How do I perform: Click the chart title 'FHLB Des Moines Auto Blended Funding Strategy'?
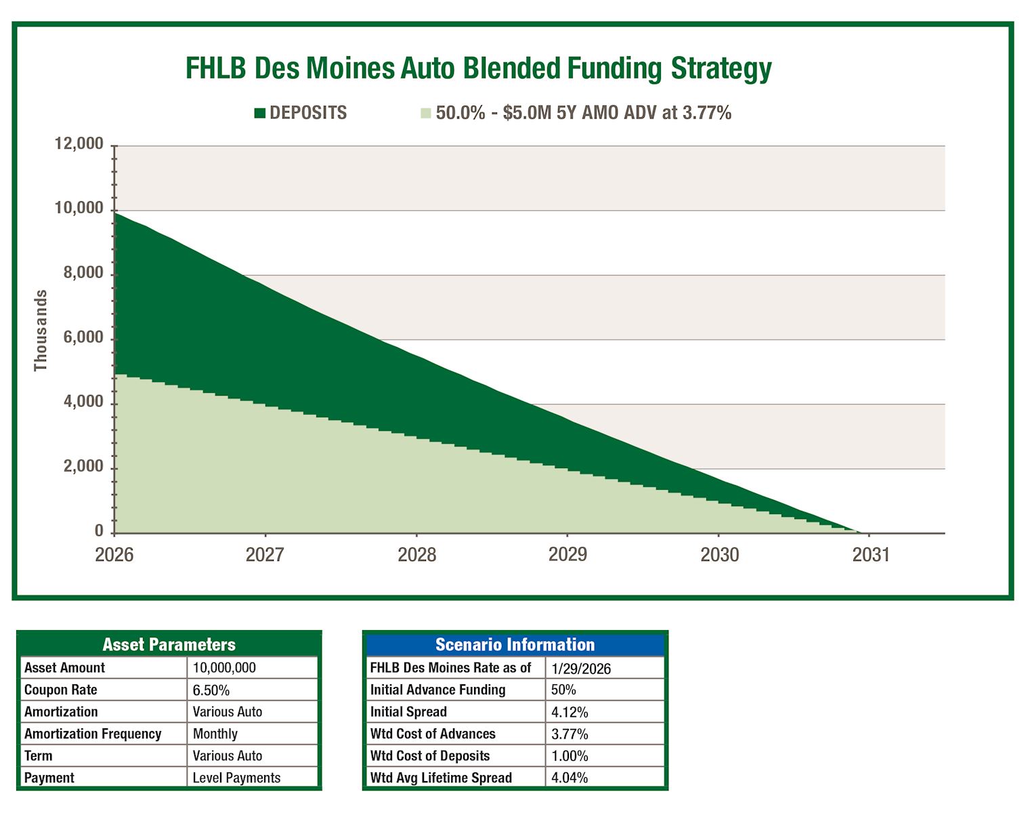478,68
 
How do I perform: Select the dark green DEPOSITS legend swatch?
259,113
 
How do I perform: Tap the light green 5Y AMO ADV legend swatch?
425,113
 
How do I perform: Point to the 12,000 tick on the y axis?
79,144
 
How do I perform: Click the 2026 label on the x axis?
114,555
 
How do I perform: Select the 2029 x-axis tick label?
568,555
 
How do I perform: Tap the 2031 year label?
870,555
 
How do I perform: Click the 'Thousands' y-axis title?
41,331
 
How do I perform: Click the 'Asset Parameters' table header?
169,644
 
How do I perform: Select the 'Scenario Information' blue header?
515,644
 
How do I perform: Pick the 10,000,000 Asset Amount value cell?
224,668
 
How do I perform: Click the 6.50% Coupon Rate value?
211,690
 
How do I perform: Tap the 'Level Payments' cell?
236,778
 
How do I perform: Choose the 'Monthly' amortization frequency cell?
215,734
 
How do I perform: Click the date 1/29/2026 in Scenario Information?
581,669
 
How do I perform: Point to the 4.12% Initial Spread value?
570,712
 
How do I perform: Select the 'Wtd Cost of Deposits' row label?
429,756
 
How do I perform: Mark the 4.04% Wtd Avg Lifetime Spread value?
570,778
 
